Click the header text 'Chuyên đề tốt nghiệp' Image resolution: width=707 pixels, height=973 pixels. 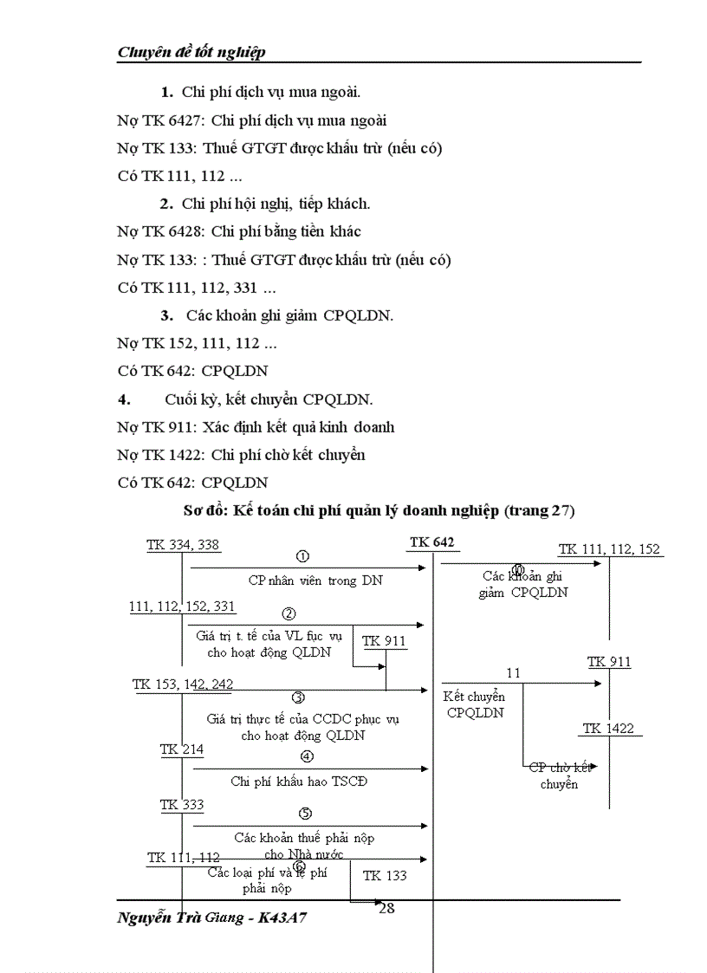pyautogui.click(x=191, y=52)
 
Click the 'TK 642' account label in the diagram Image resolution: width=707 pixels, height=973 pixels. pyautogui.click(x=432, y=542)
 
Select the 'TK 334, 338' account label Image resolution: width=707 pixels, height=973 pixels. pyautogui.click(x=183, y=544)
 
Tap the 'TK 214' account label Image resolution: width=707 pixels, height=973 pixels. pyautogui.click(x=182, y=749)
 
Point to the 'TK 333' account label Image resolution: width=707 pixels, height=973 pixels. pyautogui.click(x=182, y=805)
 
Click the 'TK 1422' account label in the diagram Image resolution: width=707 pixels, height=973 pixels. pyautogui.click(x=608, y=728)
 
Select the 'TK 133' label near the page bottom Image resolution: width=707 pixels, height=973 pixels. pyautogui.click(x=385, y=875)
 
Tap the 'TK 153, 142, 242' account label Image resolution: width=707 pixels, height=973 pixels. pyautogui.click(x=183, y=684)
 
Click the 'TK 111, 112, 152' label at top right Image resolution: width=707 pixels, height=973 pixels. pyautogui.click(x=609, y=548)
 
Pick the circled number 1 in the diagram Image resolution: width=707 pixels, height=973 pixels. pyautogui.click(x=302, y=556)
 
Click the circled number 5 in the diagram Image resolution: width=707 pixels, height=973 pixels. pyautogui.click(x=305, y=813)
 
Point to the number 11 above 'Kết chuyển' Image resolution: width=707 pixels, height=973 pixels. pyautogui.click(x=514, y=672)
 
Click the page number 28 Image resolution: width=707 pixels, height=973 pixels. pyautogui.click(x=386, y=908)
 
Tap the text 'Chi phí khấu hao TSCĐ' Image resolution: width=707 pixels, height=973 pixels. pyautogui.click(x=299, y=781)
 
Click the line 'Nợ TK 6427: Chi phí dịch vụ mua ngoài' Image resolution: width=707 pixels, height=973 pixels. pyautogui.click(x=252, y=120)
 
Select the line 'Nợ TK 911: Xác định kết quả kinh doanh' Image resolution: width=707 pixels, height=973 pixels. pyautogui.click(x=256, y=427)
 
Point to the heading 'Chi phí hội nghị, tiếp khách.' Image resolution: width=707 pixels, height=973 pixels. pyautogui.click(x=276, y=204)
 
